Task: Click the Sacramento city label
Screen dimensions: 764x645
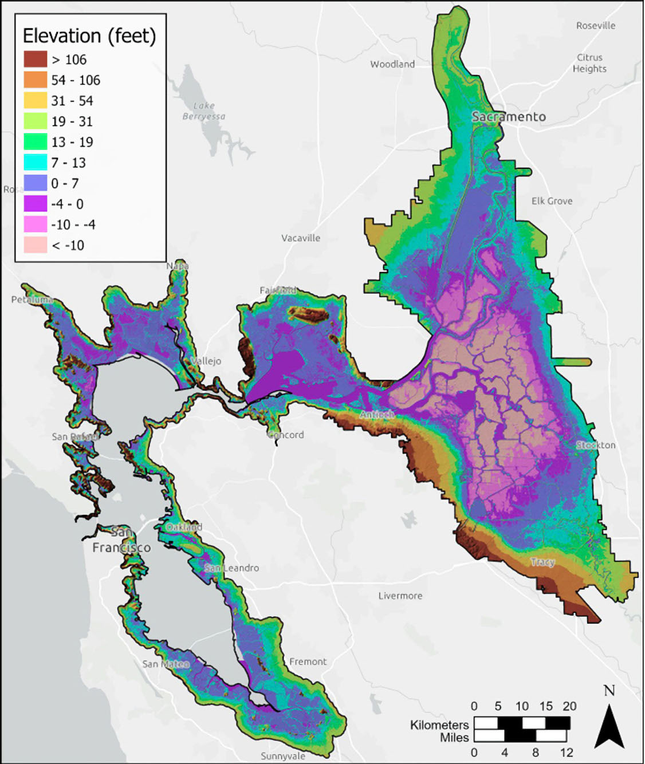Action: pos(509,117)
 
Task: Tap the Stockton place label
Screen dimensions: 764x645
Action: pos(596,445)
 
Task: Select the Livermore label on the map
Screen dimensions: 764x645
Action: pos(400,596)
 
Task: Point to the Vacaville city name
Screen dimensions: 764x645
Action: pos(300,238)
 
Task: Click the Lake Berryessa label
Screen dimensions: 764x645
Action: pos(204,111)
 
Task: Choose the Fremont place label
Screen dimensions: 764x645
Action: pos(308,661)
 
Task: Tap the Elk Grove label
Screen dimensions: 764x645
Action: pos(552,201)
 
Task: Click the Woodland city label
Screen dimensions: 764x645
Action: pos(392,64)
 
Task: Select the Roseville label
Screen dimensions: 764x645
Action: pos(596,26)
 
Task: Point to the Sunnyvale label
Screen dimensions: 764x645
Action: pos(283,756)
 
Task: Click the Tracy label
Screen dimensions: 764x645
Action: pos(542,562)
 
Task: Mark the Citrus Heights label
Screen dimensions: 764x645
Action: pos(589,63)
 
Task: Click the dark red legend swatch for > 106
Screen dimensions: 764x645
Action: pos(36,60)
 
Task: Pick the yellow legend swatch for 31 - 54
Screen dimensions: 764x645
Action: pos(36,101)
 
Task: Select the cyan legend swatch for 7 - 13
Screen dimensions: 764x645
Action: pos(36,163)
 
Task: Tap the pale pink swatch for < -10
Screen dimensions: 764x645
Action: pos(36,245)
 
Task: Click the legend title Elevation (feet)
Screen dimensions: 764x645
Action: pos(89,36)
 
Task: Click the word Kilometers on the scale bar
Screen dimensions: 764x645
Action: pos(439,725)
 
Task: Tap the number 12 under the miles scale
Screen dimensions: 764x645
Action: pos(567,752)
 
